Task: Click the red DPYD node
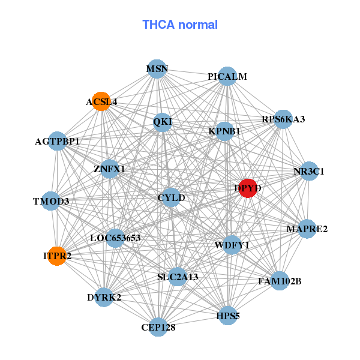[x=248, y=188]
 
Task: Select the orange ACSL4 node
[x=101, y=101]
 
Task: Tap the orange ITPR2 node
[x=57, y=256]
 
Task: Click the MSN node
[x=157, y=69]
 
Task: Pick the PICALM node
[x=227, y=76]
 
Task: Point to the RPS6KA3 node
[x=283, y=119]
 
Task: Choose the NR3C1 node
[x=309, y=171]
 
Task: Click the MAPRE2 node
[x=307, y=229]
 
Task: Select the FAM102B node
[x=280, y=281]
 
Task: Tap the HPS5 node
[x=228, y=316]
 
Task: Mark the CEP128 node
[x=158, y=327]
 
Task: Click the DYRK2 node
[x=104, y=297]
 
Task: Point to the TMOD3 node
[x=51, y=201]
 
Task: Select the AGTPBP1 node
[x=58, y=141]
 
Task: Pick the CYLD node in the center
[x=171, y=197]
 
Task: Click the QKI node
[x=163, y=122]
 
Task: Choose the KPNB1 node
[x=224, y=131]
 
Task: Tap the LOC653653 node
[x=115, y=238]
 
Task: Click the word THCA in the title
[x=158, y=25]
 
